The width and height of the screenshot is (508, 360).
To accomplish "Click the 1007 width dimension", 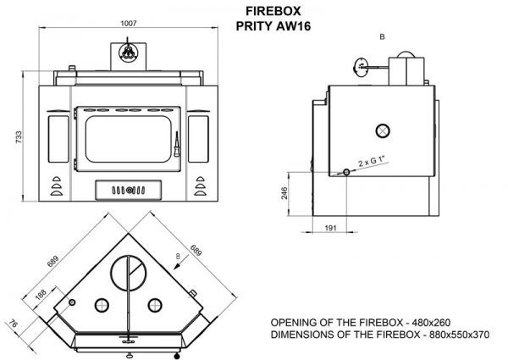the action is tap(129, 24).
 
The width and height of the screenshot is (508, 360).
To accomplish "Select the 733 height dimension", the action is tap(19, 137).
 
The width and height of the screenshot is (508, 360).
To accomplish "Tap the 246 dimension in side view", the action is tap(284, 193).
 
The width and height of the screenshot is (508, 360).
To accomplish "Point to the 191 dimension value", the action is tap(330, 228).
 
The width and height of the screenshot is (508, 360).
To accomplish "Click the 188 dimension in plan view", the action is tap(41, 294).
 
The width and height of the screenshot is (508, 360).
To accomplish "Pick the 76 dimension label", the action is tap(14, 324).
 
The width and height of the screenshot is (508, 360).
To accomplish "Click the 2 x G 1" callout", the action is tap(372, 161).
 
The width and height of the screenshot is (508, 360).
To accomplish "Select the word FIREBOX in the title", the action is tap(273, 11).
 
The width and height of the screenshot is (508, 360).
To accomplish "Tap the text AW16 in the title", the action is tap(293, 26).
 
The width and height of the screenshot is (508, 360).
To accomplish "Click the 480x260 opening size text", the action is tap(430, 323).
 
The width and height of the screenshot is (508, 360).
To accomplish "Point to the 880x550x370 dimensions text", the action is tap(460, 335).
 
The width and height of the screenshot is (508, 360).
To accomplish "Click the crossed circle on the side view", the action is tap(383, 131).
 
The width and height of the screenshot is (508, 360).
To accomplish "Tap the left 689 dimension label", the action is tap(53, 261).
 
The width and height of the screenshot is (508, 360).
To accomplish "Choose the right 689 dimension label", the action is tap(196, 250).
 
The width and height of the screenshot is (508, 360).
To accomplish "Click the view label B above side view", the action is tap(382, 37).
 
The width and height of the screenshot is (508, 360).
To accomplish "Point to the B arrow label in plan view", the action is tap(178, 257).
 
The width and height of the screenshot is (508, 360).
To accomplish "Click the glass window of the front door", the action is tap(129, 139).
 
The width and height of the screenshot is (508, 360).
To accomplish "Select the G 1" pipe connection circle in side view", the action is tap(346, 172).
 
